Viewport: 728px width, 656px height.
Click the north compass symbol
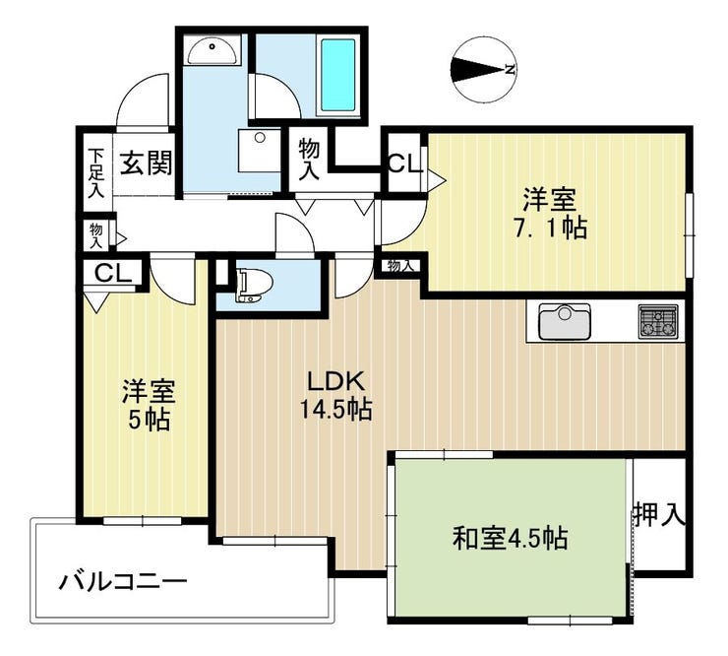coord(484,70)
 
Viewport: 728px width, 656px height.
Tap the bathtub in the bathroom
coord(338,75)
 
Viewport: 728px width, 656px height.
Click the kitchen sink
coord(565,321)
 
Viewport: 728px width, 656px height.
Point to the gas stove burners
coord(658,321)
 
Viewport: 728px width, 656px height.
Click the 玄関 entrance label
coord(147,163)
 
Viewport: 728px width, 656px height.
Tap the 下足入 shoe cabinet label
coord(96,172)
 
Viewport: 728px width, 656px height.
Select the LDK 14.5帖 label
coord(336,395)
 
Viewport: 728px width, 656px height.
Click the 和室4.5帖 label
coord(511,538)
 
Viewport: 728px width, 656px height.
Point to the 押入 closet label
coord(660,515)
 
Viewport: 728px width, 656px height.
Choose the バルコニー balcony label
coord(123,581)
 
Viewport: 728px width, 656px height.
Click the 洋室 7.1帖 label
coord(550,213)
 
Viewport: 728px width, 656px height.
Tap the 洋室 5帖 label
coord(149,405)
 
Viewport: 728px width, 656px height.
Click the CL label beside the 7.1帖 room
coord(405,164)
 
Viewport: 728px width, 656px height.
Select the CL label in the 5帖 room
coord(113,274)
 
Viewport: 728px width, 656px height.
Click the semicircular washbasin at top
coord(212,50)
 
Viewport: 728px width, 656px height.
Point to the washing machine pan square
coord(260,151)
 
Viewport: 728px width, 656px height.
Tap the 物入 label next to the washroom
coord(309,159)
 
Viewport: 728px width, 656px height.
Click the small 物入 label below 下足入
coord(96,235)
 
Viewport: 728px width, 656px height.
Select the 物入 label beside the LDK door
coord(400,266)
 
